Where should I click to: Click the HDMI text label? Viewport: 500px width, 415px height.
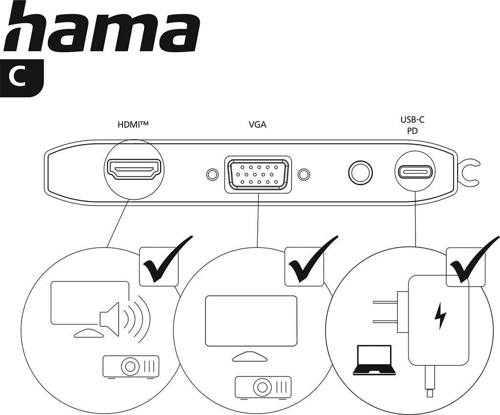point(132,124)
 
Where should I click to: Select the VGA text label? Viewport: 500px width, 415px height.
point(257,124)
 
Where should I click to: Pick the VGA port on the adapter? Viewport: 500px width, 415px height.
point(258,174)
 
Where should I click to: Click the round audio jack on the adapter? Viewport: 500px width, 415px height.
point(360,173)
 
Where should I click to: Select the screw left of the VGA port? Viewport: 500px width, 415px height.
point(212,174)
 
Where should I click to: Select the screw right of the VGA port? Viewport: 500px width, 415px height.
point(304,174)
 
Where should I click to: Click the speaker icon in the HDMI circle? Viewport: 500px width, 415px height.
point(110,318)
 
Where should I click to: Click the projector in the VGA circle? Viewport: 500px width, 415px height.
point(263,387)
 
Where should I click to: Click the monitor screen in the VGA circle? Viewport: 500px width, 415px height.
point(251,319)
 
